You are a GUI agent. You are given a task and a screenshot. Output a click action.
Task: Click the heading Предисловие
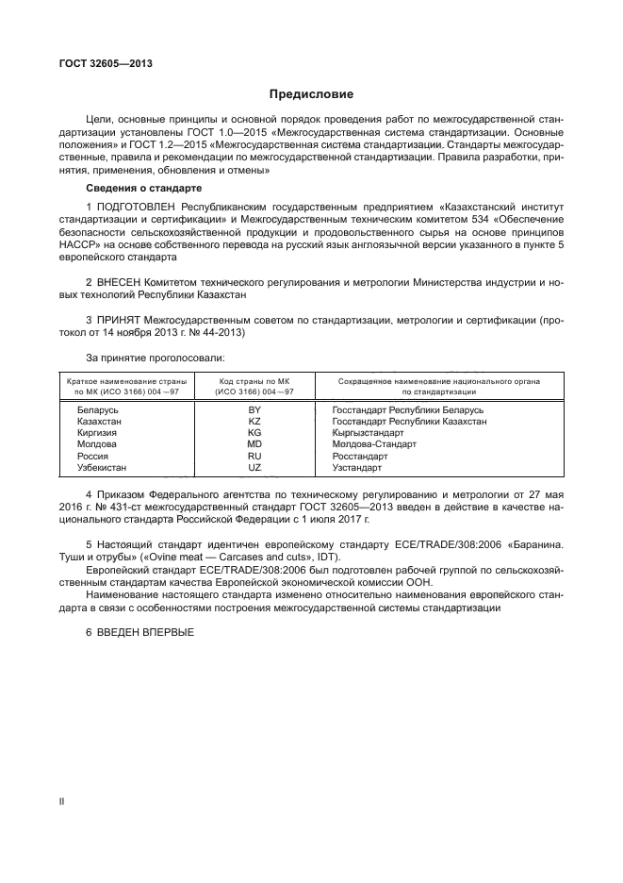point(311,94)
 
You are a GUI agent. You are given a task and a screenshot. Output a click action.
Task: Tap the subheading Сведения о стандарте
point(137,190)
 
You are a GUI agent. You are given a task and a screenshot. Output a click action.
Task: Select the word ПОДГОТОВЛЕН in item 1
point(135,206)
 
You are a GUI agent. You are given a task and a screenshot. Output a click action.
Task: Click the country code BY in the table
point(254,410)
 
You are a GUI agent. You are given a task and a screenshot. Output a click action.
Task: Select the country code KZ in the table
point(254,422)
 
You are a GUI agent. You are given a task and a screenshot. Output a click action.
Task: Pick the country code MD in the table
point(254,444)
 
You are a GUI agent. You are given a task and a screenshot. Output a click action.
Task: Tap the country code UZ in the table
point(254,467)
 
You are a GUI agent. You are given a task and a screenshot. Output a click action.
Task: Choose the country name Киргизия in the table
point(98,433)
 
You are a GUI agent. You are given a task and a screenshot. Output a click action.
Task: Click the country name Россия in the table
point(92,456)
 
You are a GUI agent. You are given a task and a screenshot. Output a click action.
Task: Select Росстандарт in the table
point(360,456)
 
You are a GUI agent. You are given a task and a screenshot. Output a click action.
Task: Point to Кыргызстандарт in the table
point(369,433)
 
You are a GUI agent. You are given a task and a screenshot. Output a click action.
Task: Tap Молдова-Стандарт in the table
point(372,444)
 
